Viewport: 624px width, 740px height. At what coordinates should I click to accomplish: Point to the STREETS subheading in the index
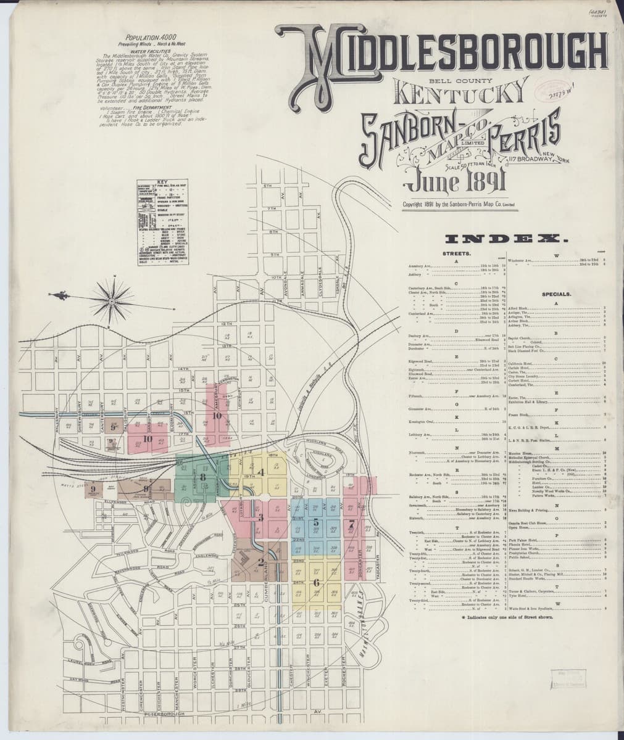pyautogui.click(x=457, y=253)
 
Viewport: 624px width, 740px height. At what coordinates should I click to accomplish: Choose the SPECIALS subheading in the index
pyautogui.click(x=559, y=295)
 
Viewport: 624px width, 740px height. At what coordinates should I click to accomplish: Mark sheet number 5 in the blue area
pyautogui.click(x=316, y=524)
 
